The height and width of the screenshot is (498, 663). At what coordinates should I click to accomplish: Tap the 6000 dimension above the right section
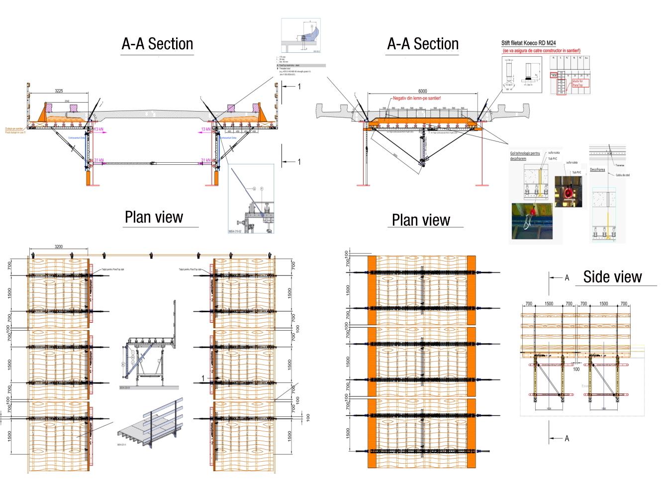point(422,91)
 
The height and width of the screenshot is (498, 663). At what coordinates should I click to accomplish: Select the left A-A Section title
point(157,44)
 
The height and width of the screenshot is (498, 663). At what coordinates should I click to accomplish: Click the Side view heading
point(612,276)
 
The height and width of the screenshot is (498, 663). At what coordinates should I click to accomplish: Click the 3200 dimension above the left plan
point(58,247)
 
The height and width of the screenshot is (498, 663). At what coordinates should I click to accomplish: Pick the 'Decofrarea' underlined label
point(597,169)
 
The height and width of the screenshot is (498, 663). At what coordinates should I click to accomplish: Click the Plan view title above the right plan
point(421,220)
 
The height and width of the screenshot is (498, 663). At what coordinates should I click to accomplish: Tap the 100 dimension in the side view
point(576,369)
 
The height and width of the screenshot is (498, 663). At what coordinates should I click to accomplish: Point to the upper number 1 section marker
point(299,87)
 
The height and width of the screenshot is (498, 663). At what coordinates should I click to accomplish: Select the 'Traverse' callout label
point(619,165)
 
